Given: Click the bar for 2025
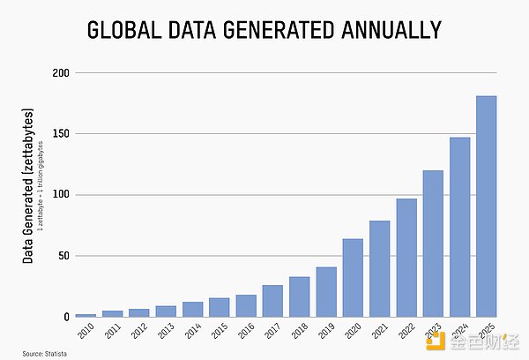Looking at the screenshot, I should pyautogui.click(x=486, y=206).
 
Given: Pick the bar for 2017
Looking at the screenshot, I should pyautogui.click(x=272, y=301).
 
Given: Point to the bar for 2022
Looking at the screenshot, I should pyautogui.click(x=406, y=258).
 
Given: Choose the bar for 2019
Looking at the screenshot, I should pyautogui.click(x=326, y=292).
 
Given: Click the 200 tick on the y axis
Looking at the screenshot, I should pyautogui.click(x=61, y=72).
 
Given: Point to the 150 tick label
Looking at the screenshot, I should pyautogui.click(x=61, y=134).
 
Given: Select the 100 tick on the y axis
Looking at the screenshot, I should pyautogui.click(x=61, y=195).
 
